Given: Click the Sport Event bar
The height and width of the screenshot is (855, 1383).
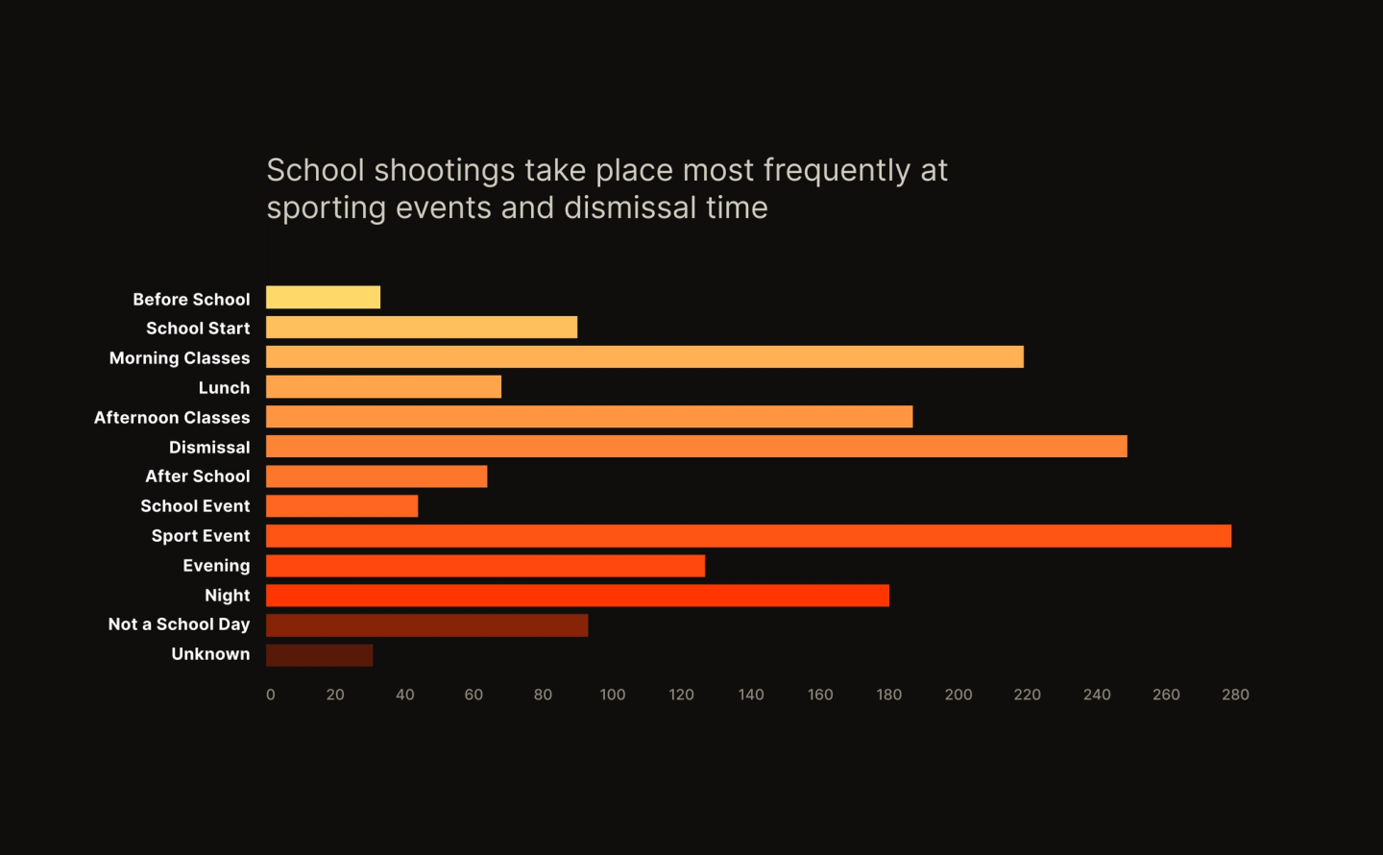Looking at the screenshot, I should click(x=748, y=536).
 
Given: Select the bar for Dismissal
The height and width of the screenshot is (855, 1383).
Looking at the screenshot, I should click(x=696, y=447).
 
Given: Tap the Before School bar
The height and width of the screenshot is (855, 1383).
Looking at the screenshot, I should click(x=323, y=298).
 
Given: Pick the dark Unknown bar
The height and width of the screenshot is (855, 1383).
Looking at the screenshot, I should click(x=319, y=655).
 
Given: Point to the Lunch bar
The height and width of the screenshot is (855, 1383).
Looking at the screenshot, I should click(x=383, y=387).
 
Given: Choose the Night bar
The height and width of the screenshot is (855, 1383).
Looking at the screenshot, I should click(x=577, y=596).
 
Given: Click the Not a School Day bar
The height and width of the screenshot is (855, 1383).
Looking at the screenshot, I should click(x=426, y=625).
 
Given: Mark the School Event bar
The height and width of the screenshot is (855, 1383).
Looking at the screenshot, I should click(x=342, y=506).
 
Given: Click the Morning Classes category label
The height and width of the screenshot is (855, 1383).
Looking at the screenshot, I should click(x=180, y=358).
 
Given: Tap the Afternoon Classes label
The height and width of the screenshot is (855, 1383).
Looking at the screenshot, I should click(x=172, y=418).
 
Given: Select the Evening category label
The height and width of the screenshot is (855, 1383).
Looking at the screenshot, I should click(x=216, y=566).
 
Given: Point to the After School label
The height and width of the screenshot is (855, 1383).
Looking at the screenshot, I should click(x=197, y=476).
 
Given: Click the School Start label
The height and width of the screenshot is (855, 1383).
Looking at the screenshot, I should click(x=198, y=329).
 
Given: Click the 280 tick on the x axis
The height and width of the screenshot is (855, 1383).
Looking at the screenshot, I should click(x=1235, y=695).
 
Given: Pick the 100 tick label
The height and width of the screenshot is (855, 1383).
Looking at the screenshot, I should click(x=612, y=695).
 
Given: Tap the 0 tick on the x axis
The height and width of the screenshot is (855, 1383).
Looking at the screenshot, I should click(x=271, y=695).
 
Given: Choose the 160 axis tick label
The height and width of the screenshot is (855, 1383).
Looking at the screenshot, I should click(x=820, y=695).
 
